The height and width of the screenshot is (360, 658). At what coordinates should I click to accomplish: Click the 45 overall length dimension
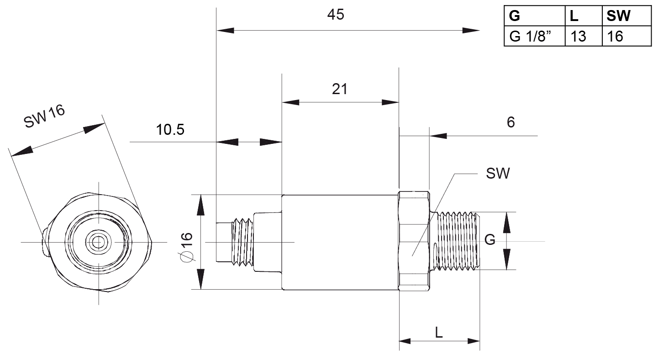(336, 15)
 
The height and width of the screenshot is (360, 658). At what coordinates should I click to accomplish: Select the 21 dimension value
(340, 89)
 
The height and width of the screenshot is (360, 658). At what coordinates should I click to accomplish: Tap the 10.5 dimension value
(170, 130)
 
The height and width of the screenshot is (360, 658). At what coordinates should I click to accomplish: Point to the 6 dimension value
(511, 122)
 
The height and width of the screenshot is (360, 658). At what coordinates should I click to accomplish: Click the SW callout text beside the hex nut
(498, 174)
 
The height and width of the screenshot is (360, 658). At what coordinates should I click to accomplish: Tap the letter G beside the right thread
(490, 240)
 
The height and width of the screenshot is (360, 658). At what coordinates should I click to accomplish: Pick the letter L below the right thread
(439, 333)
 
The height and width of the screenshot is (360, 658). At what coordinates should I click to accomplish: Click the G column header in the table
(515, 16)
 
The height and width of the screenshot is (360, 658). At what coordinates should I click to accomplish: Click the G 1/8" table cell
(530, 36)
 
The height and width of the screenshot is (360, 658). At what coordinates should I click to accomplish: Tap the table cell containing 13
(578, 36)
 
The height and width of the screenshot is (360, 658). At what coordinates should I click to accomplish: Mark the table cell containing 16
(615, 36)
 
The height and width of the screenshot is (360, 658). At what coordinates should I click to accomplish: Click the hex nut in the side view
(414, 241)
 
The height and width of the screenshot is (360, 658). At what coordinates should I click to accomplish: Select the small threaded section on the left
(242, 241)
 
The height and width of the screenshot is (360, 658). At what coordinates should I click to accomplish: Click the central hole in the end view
(98, 242)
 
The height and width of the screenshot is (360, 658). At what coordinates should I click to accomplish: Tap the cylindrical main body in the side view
(340, 242)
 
